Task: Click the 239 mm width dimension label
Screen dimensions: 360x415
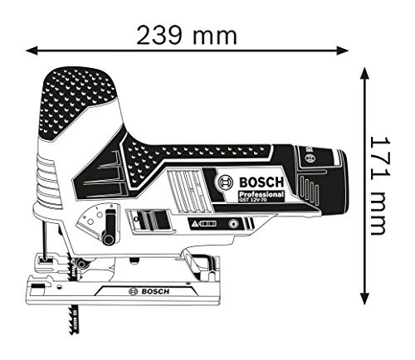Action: (x=188, y=34)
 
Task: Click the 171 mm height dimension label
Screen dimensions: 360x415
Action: (x=380, y=185)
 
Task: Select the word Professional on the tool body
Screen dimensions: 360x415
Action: (x=262, y=194)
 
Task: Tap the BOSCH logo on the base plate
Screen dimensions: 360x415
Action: (x=148, y=292)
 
